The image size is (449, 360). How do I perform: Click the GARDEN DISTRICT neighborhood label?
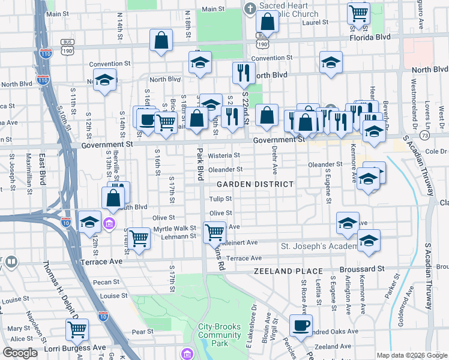click(255, 184)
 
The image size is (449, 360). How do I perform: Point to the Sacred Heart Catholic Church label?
click(289, 10)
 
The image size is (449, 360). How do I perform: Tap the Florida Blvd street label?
click(370, 37)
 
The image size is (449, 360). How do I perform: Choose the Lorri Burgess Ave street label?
click(74, 347)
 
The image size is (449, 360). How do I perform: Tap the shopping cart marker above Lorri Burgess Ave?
click(77, 329)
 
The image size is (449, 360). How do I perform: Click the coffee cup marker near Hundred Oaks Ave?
click(301, 326)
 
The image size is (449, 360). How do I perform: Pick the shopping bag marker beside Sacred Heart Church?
click(267, 21)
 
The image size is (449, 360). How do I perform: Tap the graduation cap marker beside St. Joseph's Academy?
click(369, 241)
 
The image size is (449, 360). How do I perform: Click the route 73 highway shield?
click(426, 136)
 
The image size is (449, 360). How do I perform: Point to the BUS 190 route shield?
click(67, 45)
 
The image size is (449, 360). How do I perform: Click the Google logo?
click(20, 352)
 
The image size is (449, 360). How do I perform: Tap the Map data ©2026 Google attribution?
click(412, 355)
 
